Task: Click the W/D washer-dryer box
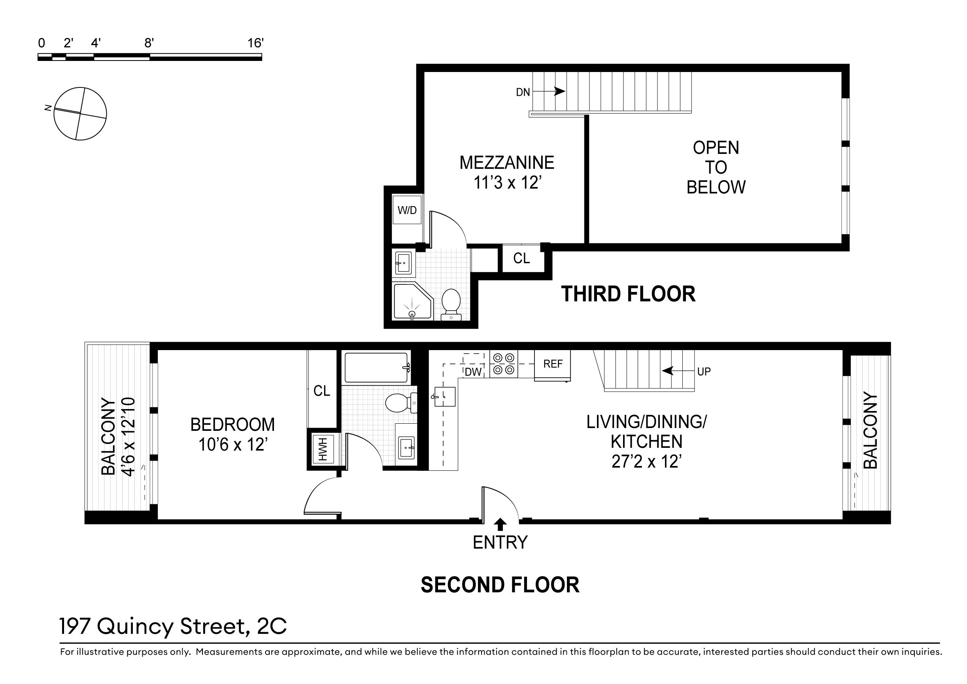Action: coord(407,210)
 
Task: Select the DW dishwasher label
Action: coord(473,372)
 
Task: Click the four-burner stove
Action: coord(504,364)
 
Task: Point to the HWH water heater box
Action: coord(323,449)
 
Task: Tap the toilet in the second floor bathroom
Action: coord(400,402)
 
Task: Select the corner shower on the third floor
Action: coord(413,301)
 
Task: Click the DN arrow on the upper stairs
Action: coord(549,91)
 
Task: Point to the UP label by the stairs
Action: coord(704,371)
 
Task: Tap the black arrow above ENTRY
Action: coord(500,524)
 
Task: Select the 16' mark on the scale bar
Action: coord(255,43)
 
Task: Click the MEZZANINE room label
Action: coord(507,163)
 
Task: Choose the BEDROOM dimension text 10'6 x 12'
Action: coord(233,445)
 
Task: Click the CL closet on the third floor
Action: coord(521,258)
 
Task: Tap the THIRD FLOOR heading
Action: coord(628,294)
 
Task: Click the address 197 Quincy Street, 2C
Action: coord(173,626)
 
